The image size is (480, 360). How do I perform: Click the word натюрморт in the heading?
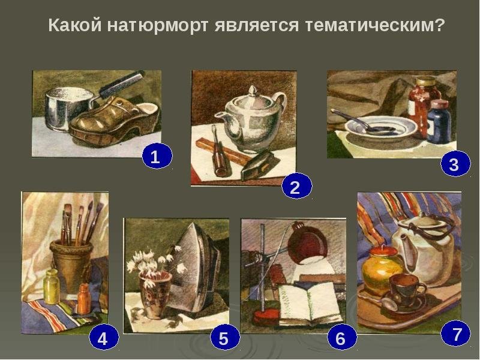(x=158, y=25)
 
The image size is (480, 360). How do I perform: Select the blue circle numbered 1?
(x=157, y=156)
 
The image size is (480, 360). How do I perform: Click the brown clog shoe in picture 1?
(x=114, y=121)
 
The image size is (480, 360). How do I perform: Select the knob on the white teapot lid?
(x=253, y=91)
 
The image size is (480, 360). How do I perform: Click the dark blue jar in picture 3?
(x=439, y=121)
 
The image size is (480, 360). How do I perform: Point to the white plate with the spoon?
(x=381, y=128)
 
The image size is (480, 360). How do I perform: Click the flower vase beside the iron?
(x=155, y=295)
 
